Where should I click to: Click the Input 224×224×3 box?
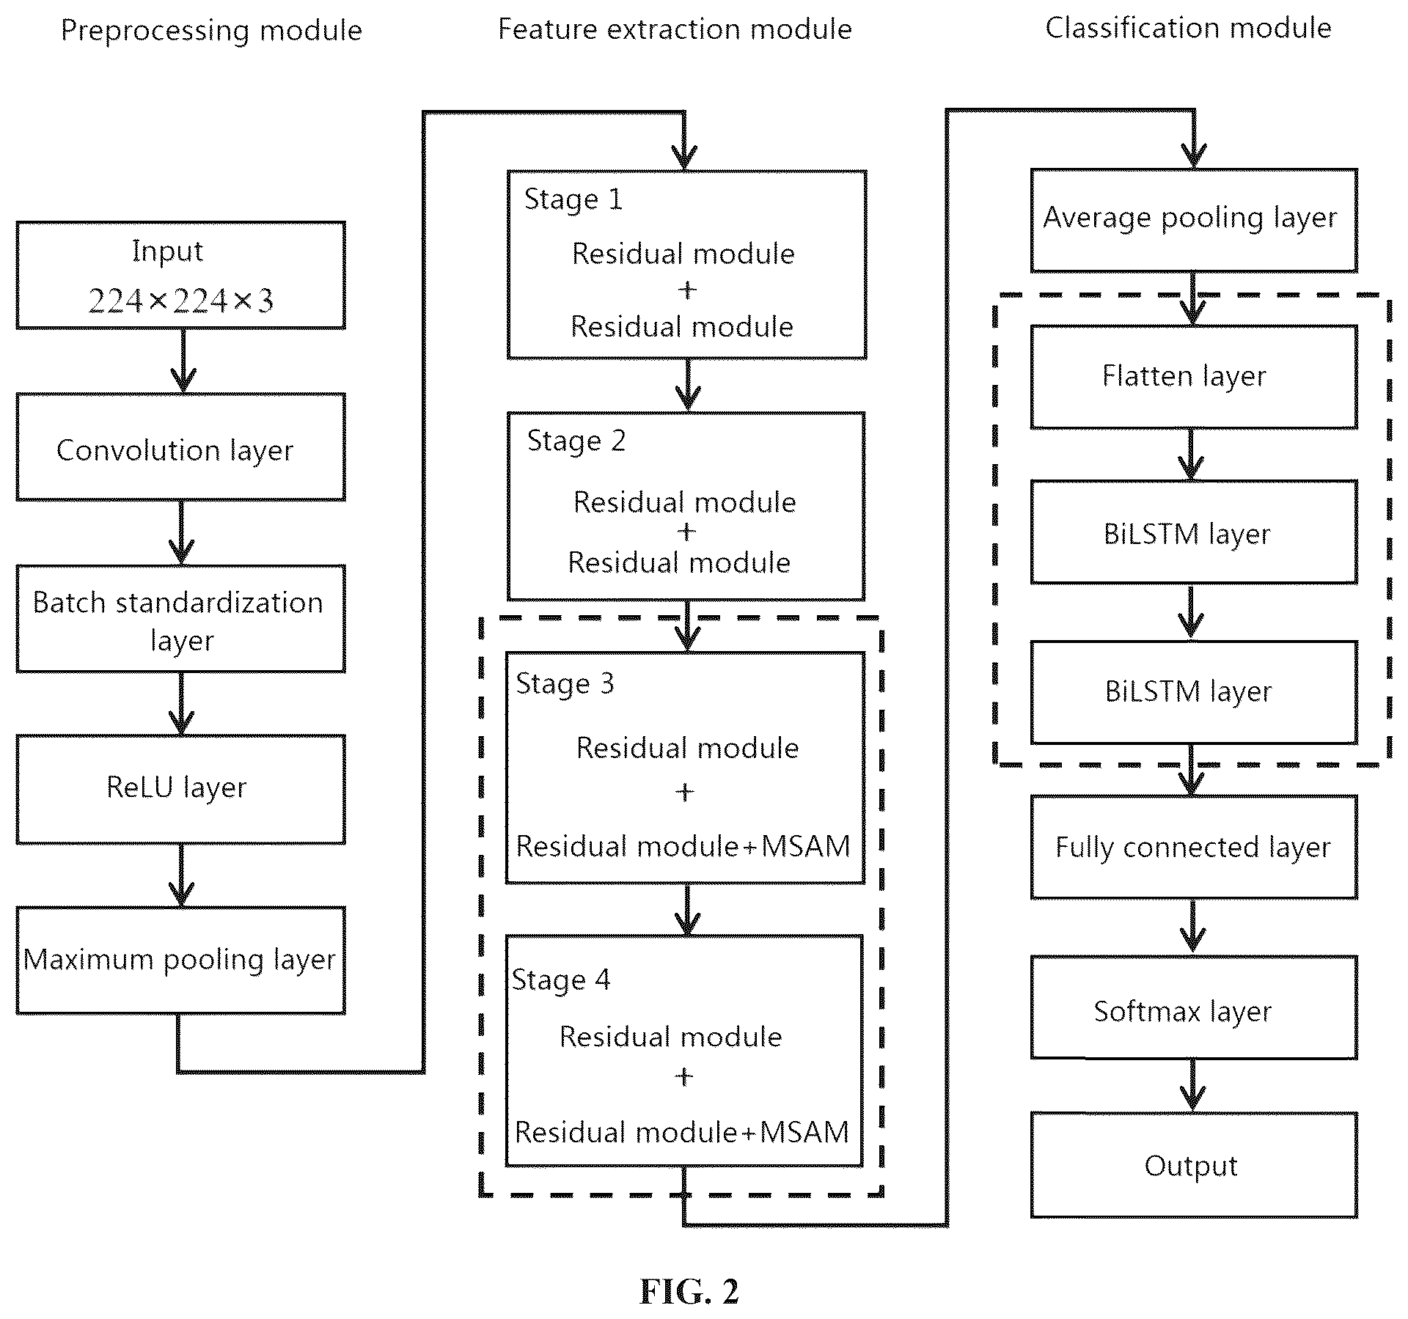click(180, 275)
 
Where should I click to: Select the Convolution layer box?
click(180, 447)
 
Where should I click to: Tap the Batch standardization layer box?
click(180, 619)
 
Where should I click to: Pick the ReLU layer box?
click(180, 790)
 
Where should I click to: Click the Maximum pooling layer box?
click(180, 960)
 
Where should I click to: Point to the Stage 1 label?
click(573, 200)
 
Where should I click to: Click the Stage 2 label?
click(576, 441)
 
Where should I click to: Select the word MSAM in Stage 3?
click(805, 847)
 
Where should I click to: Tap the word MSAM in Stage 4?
click(804, 1133)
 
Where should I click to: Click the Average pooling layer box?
click(1194, 221)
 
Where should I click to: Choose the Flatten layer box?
click(1194, 378)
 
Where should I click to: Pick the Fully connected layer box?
click(1194, 848)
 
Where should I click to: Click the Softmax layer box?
click(1194, 1007)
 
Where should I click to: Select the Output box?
click(1194, 1166)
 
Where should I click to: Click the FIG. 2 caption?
click(689, 1291)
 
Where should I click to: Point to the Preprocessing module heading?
click(211, 31)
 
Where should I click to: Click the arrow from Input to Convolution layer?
click(183, 361)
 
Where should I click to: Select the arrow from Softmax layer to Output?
click(1193, 1086)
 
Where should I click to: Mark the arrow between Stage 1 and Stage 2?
click(687, 385)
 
